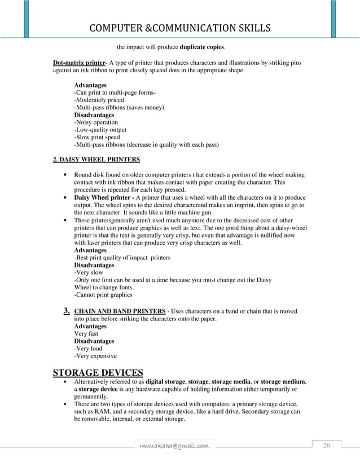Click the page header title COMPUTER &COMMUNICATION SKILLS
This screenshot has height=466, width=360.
click(x=179, y=28)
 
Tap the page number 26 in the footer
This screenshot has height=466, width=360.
click(x=326, y=446)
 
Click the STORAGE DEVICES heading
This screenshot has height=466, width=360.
click(x=98, y=372)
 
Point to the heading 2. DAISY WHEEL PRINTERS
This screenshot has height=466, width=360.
click(x=96, y=159)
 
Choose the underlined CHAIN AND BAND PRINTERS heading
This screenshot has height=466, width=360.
click(x=120, y=311)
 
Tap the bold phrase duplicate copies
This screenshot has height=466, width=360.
click(x=201, y=47)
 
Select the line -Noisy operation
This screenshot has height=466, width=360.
click(x=96, y=122)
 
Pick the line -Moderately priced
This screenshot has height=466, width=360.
click(x=99, y=100)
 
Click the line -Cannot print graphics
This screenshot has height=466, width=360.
click(x=103, y=294)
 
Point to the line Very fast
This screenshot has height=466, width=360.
click(x=86, y=334)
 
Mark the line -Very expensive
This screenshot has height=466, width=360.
click(x=95, y=356)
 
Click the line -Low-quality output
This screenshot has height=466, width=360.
click(x=100, y=130)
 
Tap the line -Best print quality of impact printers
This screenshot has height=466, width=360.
click(x=122, y=258)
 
